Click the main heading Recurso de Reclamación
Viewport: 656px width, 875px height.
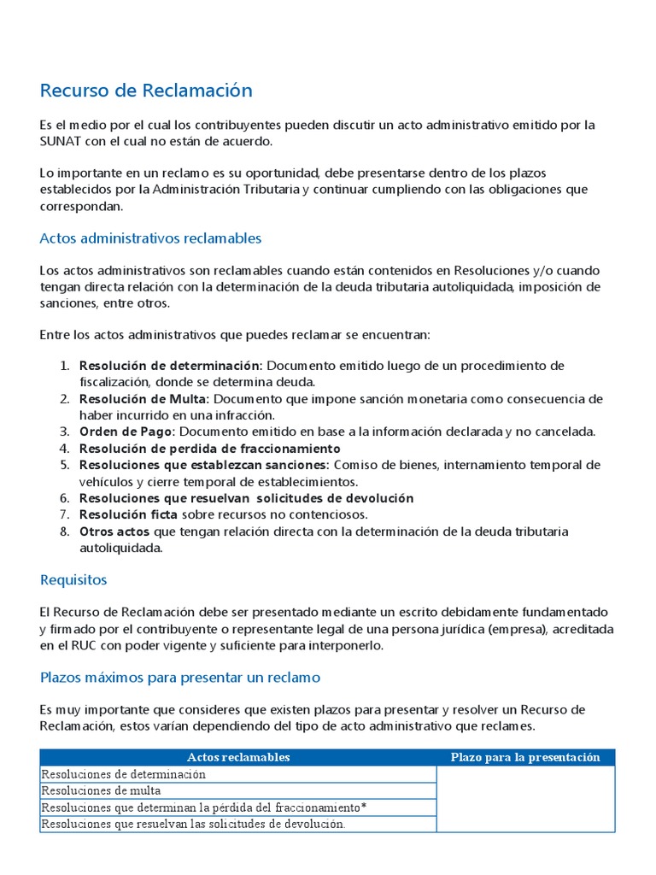point(146,91)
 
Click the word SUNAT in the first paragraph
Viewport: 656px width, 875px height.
point(61,141)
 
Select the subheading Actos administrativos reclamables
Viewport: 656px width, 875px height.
point(150,238)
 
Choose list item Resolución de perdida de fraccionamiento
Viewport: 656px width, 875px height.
point(209,449)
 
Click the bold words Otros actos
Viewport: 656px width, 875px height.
point(114,531)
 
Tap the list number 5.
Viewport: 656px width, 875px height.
point(64,465)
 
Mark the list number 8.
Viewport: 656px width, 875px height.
point(64,531)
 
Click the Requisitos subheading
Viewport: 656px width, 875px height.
point(73,580)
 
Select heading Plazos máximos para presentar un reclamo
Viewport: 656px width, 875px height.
point(179,678)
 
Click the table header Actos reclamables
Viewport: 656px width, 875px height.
point(238,758)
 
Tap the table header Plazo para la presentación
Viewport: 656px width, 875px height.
point(525,758)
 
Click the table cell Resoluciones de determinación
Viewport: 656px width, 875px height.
point(124,774)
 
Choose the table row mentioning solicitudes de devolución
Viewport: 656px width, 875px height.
point(193,825)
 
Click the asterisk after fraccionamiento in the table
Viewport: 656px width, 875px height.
point(365,807)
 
